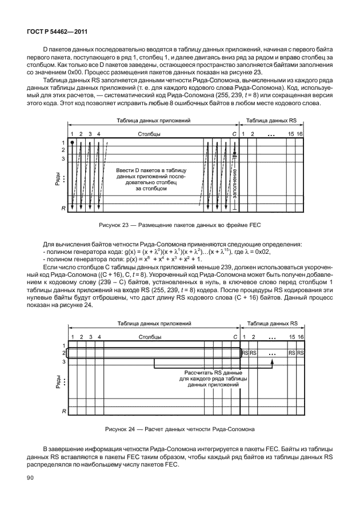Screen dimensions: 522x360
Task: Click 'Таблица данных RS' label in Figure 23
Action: click(x=271, y=121)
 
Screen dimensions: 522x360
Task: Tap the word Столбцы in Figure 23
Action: click(x=149, y=134)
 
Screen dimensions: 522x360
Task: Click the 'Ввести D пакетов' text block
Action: click(x=151, y=179)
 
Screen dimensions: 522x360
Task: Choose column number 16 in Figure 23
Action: click(x=299, y=134)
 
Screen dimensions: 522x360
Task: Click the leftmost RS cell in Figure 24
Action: click(x=245, y=353)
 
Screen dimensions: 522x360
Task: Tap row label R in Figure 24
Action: click(x=63, y=411)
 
